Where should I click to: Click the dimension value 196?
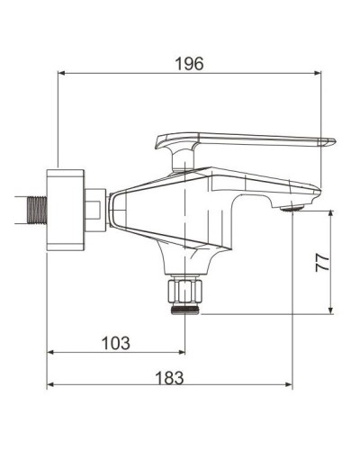[189, 63]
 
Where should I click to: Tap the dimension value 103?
[115, 343]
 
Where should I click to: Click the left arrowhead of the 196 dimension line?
[62, 75]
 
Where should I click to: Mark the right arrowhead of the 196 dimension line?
[319, 75]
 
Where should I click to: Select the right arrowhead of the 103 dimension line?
[181, 354]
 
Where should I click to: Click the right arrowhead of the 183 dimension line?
[288, 387]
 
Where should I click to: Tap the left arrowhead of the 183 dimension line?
[51, 387]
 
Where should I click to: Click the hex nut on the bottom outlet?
[185, 291]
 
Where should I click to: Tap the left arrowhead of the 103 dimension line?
[51, 354]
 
